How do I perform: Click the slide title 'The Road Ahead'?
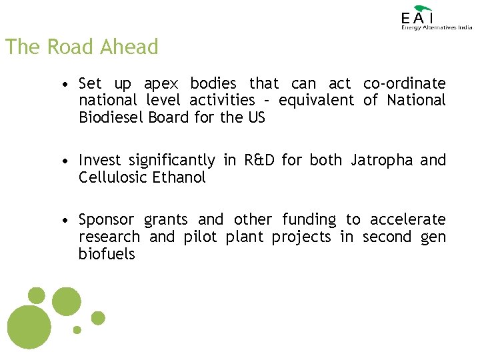tap(81, 47)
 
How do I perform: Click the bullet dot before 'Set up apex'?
tap(62, 85)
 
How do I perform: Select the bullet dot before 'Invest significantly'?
tap(62, 161)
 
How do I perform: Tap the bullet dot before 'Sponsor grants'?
tap(62, 221)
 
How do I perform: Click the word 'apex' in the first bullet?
tap(161, 84)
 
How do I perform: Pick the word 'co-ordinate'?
tap(404, 83)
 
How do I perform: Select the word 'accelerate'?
tap(407, 219)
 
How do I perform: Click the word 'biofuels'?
tap(107, 254)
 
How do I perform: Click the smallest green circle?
tap(77, 329)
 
